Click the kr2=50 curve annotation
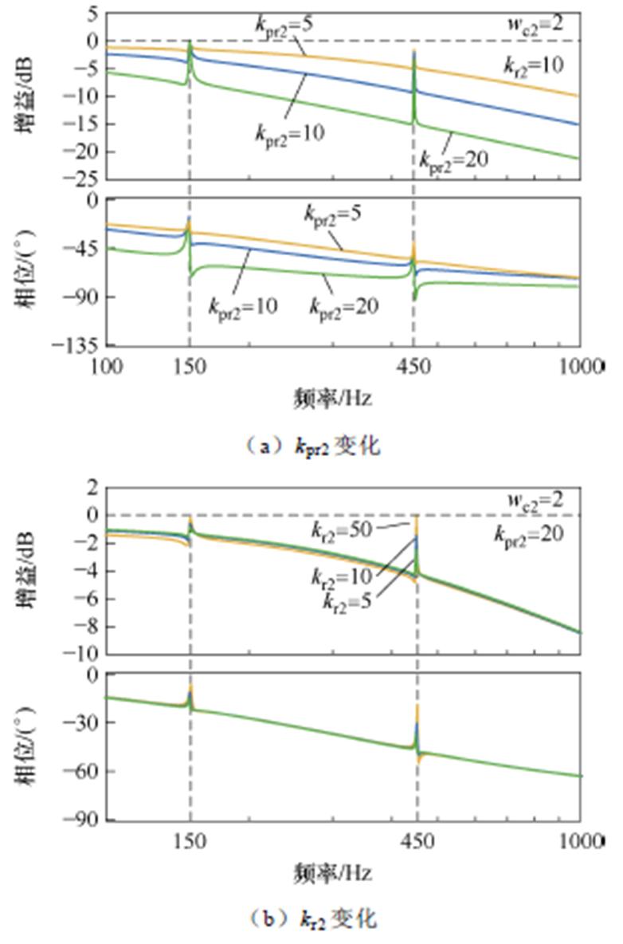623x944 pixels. tap(342, 529)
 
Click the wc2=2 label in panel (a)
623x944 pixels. tap(536, 23)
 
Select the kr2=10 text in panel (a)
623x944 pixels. tap(535, 65)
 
